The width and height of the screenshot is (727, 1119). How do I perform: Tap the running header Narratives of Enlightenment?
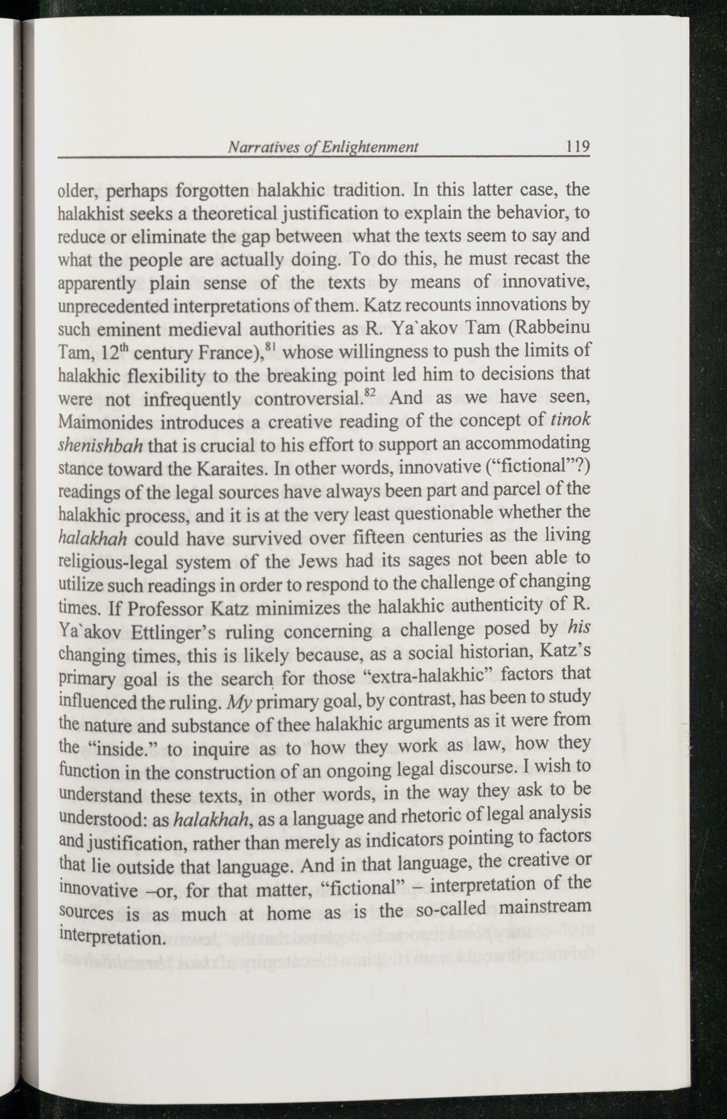(322, 147)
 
